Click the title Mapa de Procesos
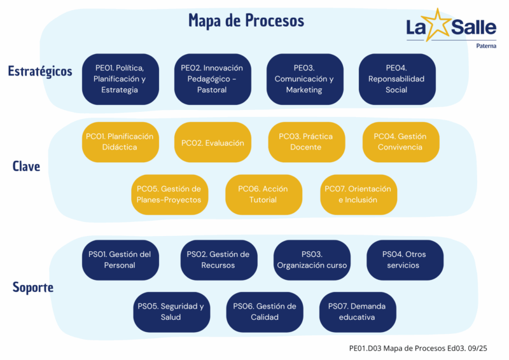(x=246, y=21)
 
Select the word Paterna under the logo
(x=487, y=45)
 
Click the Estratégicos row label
(x=40, y=71)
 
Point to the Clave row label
(x=26, y=167)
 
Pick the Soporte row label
(x=32, y=287)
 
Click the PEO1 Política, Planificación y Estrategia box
(x=120, y=79)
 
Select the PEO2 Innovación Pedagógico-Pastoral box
(x=213, y=79)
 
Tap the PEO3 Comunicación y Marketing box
(x=304, y=79)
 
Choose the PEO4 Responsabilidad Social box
(x=396, y=79)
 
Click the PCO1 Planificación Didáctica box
(x=120, y=142)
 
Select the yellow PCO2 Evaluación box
(x=213, y=142)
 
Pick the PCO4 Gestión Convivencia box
(x=400, y=142)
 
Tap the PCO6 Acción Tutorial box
(x=263, y=194)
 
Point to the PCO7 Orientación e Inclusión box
(x=358, y=194)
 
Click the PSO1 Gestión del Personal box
(x=120, y=260)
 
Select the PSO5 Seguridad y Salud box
(x=171, y=312)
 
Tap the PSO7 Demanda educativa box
(x=357, y=312)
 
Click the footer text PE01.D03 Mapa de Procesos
(x=419, y=348)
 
